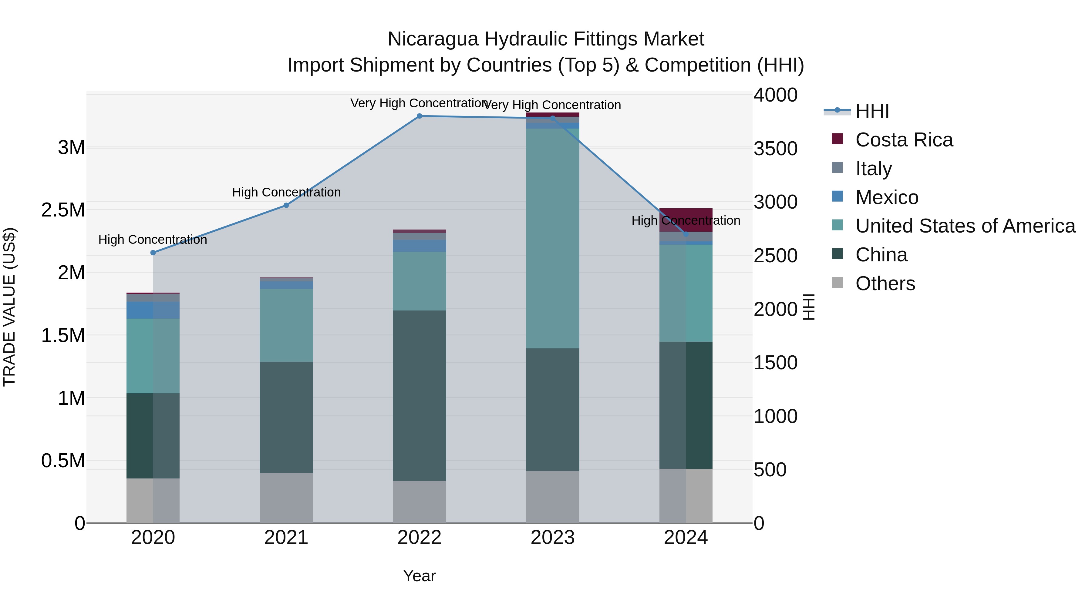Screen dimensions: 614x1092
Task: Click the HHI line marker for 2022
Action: (x=419, y=116)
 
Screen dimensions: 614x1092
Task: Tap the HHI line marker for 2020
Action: (x=153, y=253)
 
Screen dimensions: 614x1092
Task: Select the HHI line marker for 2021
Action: (x=286, y=206)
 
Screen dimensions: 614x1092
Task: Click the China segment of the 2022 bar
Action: (x=419, y=395)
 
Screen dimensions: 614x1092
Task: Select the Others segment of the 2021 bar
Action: (x=286, y=498)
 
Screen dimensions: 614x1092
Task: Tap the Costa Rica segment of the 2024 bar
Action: (x=686, y=220)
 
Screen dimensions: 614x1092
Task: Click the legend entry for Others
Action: (x=885, y=284)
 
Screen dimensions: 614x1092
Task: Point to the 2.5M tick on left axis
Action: (x=63, y=210)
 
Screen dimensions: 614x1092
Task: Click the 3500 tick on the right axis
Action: (x=775, y=149)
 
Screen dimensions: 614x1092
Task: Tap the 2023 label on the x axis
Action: (x=552, y=538)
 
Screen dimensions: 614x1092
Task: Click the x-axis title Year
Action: (x=419, y=576)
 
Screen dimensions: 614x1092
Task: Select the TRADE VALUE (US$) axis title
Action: (x=9, y=307)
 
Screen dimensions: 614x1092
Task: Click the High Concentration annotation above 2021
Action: (x=286, y=192)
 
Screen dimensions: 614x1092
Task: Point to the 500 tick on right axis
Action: (x=770, y=469)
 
